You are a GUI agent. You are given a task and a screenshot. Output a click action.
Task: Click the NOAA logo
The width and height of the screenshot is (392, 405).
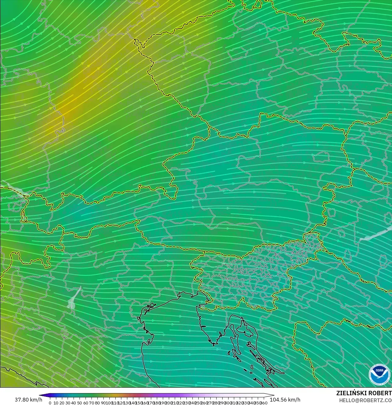click(379, 374)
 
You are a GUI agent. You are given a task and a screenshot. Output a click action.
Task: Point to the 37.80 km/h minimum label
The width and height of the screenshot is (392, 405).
click(28, 400)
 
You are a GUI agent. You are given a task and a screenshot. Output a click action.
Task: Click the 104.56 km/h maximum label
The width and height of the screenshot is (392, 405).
click(285, 400)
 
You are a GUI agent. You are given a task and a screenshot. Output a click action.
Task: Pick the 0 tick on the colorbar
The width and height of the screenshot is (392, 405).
click(50, 402)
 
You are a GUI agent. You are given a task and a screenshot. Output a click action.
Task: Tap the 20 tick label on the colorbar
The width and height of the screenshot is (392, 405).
click(62, 402)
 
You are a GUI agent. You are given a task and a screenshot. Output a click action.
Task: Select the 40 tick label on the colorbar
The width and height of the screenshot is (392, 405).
click(74, 402)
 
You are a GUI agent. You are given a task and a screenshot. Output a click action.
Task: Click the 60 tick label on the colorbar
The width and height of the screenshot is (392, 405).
click(86, 402)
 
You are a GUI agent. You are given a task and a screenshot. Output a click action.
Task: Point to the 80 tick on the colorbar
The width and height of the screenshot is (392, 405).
click(97, 402)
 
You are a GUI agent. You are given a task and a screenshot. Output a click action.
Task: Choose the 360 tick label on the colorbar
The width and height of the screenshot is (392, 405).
click(264, 402)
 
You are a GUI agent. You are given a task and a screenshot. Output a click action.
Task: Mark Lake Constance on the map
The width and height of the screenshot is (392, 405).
click(13, 188)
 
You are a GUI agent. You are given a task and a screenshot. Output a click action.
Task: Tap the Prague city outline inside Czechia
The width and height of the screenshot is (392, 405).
click(236, 54)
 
